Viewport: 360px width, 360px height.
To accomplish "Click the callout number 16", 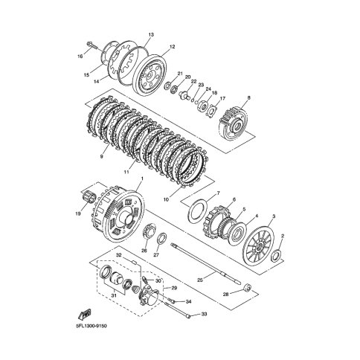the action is point(80,57).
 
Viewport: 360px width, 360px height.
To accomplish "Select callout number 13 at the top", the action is point(151,34).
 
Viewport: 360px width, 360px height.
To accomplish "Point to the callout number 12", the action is point(172,46).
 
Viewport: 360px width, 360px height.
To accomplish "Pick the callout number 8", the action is point(248,97).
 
